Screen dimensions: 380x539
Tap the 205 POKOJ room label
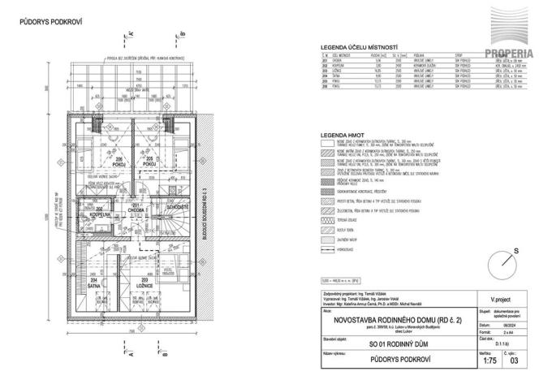[149, 162]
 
